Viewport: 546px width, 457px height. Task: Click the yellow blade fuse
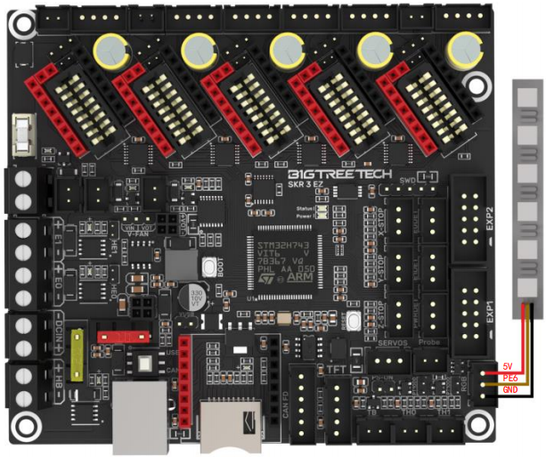[79, 354]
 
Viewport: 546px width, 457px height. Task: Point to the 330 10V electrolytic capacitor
[190, 297]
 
